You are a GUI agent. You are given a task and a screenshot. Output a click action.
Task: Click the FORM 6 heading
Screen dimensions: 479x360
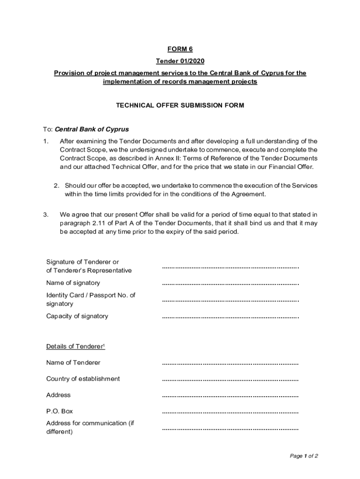[180, 50]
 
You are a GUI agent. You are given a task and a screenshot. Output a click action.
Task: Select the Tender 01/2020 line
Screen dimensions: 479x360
[180, 61]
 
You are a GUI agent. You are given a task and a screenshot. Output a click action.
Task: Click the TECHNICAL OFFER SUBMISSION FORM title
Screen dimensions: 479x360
[180, 106]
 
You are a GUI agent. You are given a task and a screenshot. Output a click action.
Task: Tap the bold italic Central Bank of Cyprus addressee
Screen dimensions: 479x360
[92, 129]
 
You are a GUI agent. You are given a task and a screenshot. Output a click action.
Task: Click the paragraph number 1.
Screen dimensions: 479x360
[45, 141]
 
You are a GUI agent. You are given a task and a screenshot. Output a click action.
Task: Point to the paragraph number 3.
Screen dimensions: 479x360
[45, 215]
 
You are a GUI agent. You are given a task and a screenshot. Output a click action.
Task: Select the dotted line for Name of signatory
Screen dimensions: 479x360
[230, 283]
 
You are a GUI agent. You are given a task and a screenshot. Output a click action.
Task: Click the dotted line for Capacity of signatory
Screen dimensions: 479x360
[230, 317]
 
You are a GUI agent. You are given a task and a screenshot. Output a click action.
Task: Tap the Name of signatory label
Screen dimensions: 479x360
[73, 283]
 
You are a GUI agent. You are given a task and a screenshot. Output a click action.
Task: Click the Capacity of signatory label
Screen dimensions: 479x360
[77, 316]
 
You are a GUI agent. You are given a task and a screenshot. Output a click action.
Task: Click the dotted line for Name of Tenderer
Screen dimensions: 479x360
[230, 363]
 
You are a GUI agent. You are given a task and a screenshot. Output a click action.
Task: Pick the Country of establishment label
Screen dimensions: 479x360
[83, 379]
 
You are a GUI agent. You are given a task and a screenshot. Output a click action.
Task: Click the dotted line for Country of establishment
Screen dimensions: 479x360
[230, 380]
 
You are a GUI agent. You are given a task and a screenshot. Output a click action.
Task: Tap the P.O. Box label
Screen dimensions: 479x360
[59, 412]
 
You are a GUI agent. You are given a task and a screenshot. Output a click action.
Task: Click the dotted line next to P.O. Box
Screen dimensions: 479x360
[230, 413]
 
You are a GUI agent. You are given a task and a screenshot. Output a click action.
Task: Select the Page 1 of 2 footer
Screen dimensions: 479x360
[304, 456]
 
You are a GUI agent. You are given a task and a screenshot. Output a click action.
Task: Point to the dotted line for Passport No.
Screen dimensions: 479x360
[230, 300]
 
